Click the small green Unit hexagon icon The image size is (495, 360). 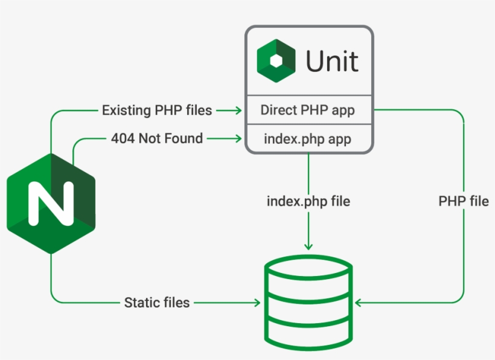pyautogui.click(x=276, y=60)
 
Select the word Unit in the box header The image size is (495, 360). pyautogui.click(x=332, y=62)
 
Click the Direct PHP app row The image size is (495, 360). pyautogui.click(x=308, y=111)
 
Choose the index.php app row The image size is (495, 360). pyautogui.click(x=308, y=139)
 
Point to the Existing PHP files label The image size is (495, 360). pyautogui.click(x=157, y=111)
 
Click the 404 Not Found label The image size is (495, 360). pyautogui.click(x=157, y=139)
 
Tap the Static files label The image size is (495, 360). pyautogui.click(x=157, y=303)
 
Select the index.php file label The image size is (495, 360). pyautogui.click(x=308, y=201)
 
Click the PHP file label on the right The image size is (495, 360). pyautogui.click(x=464, y=201)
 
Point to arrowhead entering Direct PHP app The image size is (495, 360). pyautogui.click(x=237, y=111)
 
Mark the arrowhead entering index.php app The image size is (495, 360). pyautogui.click(x=237, y=139)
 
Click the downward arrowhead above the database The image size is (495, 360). pyautogui.click(x=308, y=245)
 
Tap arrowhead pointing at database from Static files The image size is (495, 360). pyautogui.click(x=256, y=303)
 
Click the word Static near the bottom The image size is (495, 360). pyautogui.click(x=139, y=303)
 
